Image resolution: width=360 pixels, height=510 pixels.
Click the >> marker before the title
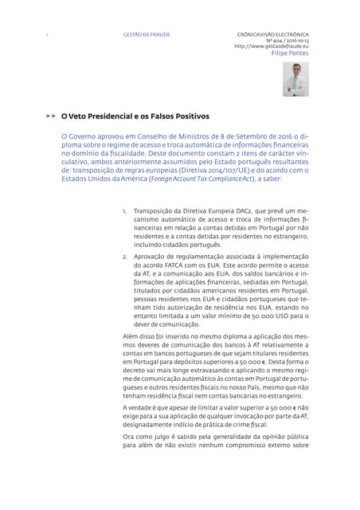click(x=50, y=116)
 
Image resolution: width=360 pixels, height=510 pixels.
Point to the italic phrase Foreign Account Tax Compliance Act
click(x=186, y=178)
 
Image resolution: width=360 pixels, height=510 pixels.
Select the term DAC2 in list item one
click(x=241, y=211)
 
